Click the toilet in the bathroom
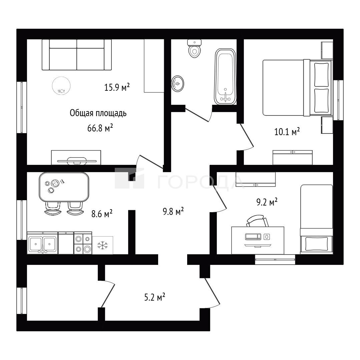click(x=195, y=48)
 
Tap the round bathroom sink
click(x=177, y=83)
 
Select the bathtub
click(x=226, y=77)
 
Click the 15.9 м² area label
click(x=117, y=87)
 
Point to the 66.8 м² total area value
click(x=100, y=128)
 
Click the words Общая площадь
click(x=98, y=113)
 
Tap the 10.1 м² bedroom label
click(x=287, y=132)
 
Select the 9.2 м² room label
click(x=267, y=202)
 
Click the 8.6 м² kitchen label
click(x=102, y=214)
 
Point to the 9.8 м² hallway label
click(x=173, y=211)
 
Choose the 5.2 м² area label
click(x=155, y=298)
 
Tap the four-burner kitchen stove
click(x=83, y=243)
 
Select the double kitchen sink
click(x=42, y=243)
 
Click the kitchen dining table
click(x=64, y=187)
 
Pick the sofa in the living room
click(x=77, y=55)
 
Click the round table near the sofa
click(x=61, y=86)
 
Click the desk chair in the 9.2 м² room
click(x=258, y=221)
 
